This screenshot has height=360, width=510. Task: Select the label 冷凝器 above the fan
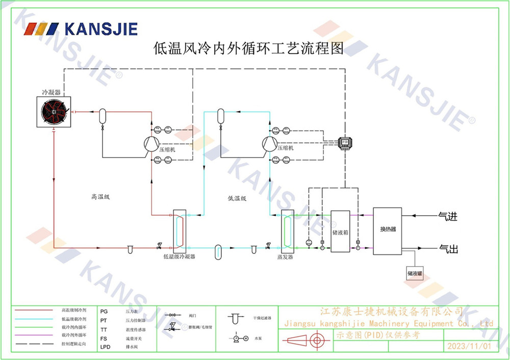pyautogui.click(x=51, y=92)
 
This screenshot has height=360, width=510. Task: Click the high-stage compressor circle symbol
pyautogui.click(x=150, y=144)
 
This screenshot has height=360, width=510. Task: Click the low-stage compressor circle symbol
pyautogui.click(x=269, y=144)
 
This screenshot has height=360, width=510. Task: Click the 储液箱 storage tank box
pyautogui.click(x=340, y=232)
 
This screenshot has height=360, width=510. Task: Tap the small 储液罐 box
pyautogui.click(x=415, y=274)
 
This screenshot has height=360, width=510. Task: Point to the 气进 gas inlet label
pyautogui.click(x=448, y=217)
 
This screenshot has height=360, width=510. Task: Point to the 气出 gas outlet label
pyautogui.click(x=448, y=249)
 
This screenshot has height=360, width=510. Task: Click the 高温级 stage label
pyautogui.click(x=100, y=196)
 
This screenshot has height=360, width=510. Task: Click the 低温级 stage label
pyautogui.click(x=237, y=198)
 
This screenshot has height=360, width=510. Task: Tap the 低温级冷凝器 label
pyautogui.click(x=179, y=256)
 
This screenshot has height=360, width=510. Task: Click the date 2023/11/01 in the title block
pyautogui.click(x=469, y=346)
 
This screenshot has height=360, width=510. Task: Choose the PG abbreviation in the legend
pyautogui.click(x=104, y=311)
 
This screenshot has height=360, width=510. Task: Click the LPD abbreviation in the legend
pyautogui.click(x=105, y=347)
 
